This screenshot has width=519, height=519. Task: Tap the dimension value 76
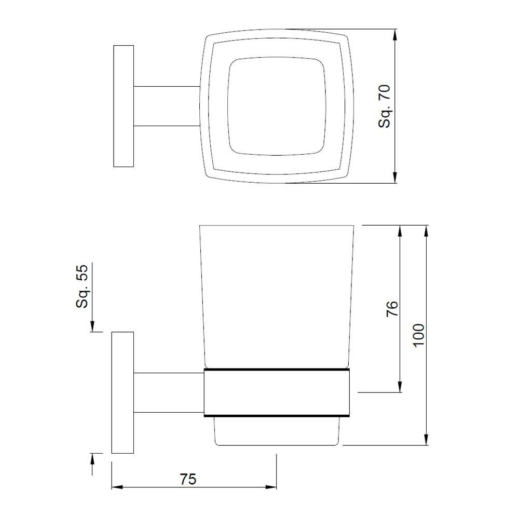click(x=392, y=309)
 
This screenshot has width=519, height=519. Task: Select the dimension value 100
click(x=419, y=335)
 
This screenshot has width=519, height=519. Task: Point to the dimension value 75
click(x=188, y=479)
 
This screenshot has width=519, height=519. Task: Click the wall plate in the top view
click(x=124, y=106)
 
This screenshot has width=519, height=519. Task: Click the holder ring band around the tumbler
click(x=277, y=393)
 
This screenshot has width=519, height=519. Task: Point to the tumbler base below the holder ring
click(x=277, y=431)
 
